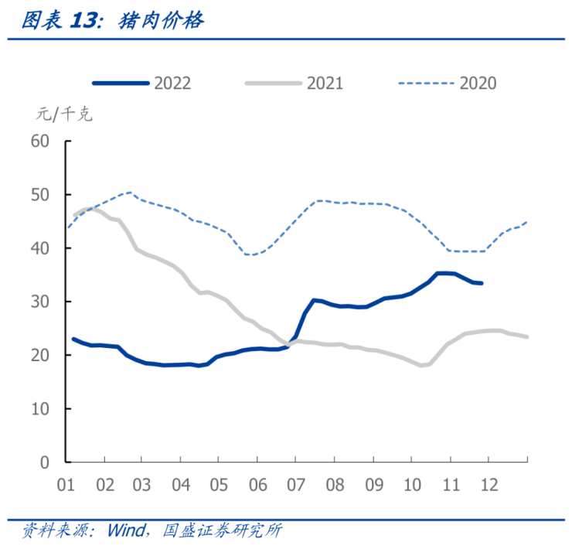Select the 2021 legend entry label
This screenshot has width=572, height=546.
pos(325,84)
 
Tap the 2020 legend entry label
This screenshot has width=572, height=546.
pos(478,84)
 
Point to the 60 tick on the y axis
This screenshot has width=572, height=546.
pos(39,141)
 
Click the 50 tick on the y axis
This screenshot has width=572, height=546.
pos(39,195)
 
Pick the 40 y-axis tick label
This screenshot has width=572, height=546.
pos(39,248)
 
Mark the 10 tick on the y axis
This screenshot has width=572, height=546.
pos(39,408)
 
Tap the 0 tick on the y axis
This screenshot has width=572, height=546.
pos(44,462)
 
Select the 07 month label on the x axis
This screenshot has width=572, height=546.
pos(296,485)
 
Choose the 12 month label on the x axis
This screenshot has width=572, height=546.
pos(489,485)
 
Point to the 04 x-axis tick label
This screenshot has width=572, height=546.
pos(180,485)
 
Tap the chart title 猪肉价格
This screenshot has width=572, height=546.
pos(162,21)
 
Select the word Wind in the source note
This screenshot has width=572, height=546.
pos(126,531)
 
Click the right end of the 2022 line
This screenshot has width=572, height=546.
pos(481,283)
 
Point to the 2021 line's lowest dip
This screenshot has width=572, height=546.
pos(422,365)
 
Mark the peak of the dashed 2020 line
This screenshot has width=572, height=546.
pos(129,193)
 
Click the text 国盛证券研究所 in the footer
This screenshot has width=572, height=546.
pos(223,531)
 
